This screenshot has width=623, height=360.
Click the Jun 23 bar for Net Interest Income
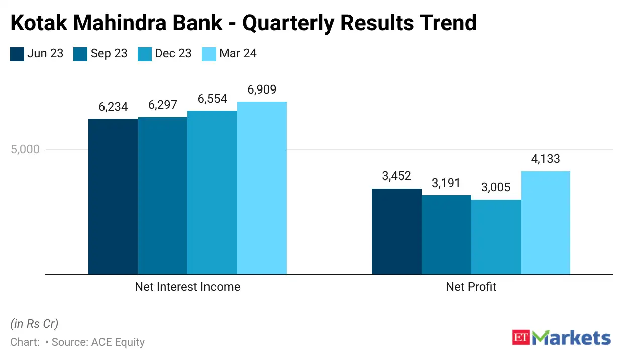pos(113,196)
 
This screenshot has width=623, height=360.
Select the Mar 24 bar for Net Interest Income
pos(262,188)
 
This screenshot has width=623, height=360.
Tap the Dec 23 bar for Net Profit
pos(496,237)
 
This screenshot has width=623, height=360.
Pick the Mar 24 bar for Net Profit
pos(546,223)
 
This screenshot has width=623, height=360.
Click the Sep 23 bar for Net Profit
pos(446,234)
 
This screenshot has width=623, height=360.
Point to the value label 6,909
pos(262,91)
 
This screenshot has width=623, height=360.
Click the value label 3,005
pos(496,188)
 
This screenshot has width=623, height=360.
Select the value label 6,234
pos(113,107)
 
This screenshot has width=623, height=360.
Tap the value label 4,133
pos(545,160)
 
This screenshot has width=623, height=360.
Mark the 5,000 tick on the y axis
pos(25,149)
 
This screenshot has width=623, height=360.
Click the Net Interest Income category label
pos(187,287)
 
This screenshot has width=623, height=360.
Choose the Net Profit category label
pos(471,287)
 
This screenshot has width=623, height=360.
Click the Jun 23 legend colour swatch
pos(17,54)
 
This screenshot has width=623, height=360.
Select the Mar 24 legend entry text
pos(238,53)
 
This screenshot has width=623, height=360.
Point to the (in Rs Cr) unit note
pos(34,323)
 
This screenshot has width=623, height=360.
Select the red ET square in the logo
pos(522,337)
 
